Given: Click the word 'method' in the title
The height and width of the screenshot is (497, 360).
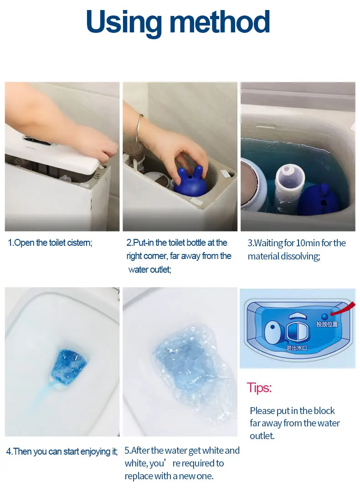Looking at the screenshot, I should pos(220,21).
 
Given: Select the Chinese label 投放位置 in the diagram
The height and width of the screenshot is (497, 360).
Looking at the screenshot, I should pos(327,324).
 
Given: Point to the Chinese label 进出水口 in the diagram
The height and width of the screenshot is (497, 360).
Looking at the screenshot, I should pos(296,348).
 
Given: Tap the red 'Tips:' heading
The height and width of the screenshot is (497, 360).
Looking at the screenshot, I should pos(259,388).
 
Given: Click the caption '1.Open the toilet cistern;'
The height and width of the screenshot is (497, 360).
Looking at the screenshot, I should pos(50,243).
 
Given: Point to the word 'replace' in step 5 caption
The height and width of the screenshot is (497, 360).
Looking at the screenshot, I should pos(139,476).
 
